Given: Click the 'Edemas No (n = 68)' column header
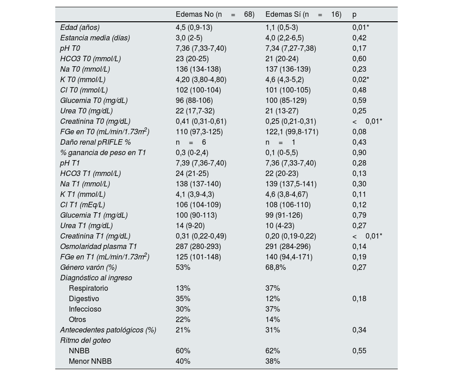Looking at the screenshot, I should coord(215,15).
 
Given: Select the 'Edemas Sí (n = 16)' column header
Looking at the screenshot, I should coord(303,15).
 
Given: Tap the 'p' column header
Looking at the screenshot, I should coord(354,15).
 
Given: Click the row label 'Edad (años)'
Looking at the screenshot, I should coord(80,27).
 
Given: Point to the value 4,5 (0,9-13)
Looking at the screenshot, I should coord(194,27).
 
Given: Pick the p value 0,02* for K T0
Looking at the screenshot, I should coord(361,79).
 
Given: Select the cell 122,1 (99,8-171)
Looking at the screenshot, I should coord(292,132).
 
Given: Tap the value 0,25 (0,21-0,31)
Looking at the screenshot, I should coord(291,121).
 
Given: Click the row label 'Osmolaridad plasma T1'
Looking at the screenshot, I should coord(98,246).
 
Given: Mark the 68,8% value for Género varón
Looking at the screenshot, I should coord(275,267).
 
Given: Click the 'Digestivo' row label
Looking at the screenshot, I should coord(84,298).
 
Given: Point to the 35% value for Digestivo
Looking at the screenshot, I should coord(183,298).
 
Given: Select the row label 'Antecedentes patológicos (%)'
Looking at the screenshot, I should coord(108,330).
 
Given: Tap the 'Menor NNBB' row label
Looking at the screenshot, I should coord(90,361).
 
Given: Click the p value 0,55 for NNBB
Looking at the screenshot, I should coord(359,351).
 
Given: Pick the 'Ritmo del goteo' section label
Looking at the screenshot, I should coord(85,340).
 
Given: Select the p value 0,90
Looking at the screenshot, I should coord(359,152).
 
